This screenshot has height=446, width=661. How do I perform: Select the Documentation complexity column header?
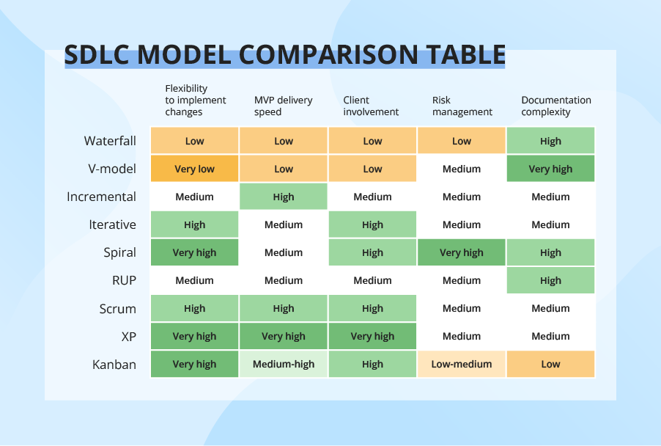[x=555, y=106]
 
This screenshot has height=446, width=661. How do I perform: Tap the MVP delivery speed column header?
[x=283, y=106]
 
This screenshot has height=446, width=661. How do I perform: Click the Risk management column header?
[x=462, y=106]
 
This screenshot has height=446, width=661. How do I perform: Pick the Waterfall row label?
[x=110, y=141]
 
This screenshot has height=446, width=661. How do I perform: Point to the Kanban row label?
[x=114, y=364]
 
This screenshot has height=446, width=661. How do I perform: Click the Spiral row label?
[x=119, y=252]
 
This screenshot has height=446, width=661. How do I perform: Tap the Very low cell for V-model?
[x=194, y=169]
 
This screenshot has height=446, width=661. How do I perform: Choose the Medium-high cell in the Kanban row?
[x=284, y=364]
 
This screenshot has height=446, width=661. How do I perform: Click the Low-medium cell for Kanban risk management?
[x=462, y=364]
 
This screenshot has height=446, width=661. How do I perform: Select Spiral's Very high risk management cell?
[x=462, y=252]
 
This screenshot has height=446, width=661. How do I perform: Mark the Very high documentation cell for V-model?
[x=550, y=169]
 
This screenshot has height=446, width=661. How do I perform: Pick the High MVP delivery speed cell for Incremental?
[x=284, y=197]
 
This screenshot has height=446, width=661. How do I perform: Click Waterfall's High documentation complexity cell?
[x=550, y=141]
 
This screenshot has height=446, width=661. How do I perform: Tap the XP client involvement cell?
[x=372, y=336]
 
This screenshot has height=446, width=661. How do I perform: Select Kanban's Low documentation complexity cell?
[x=550, y=364]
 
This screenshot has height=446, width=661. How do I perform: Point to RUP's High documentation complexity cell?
[x=550, y=280]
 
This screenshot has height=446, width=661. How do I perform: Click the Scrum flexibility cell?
[x=194, y=308]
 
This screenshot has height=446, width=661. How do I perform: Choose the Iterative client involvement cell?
[x=372, y=224]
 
